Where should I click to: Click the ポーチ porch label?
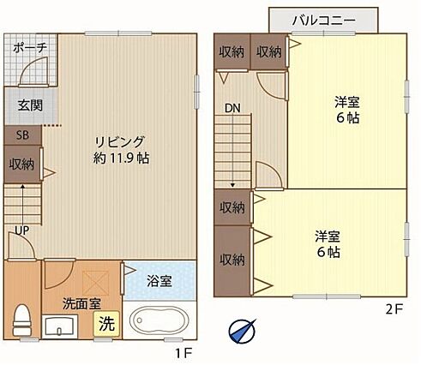(x=30, y=47)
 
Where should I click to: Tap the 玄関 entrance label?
(x=30, y=105)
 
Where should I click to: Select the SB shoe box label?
(x=22, y=135)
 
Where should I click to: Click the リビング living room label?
(x=120, y=142)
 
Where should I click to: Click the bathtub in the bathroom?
(x=159, y=320)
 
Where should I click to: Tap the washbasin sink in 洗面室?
(x=60, y=326)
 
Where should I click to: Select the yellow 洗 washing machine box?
(x=106, y=324)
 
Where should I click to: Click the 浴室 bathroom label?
(x=159, y=281)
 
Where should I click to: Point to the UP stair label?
(x=22, y=230)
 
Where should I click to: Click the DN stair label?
(x=232, y=108)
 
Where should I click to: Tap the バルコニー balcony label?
(x=324, y=21)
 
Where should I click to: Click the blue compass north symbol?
(x=242, y=332)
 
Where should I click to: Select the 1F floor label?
(x=183, y=354)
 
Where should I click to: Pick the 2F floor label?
(x=394, y=309)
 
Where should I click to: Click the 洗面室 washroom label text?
(x=81, y=303)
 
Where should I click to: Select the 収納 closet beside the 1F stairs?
(x=21, y=165)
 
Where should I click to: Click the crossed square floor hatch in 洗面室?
(x=96, y=283)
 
